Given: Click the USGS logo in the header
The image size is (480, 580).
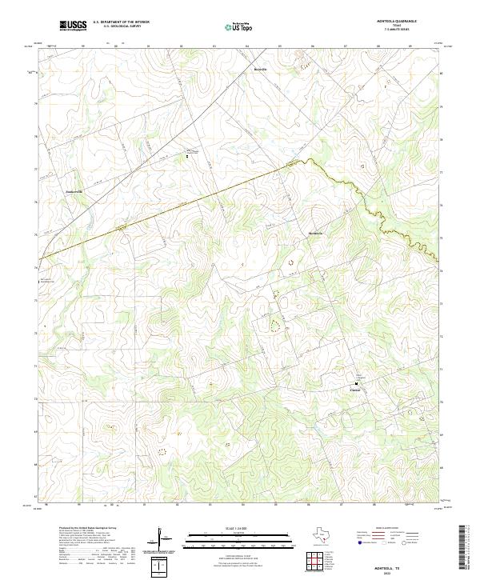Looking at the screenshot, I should tap(74, 26).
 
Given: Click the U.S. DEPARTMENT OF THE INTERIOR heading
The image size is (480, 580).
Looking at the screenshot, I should tap(121, 22).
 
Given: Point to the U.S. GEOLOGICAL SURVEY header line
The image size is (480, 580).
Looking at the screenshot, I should tap(121, 26).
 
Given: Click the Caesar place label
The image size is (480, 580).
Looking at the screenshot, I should tap(355, 390).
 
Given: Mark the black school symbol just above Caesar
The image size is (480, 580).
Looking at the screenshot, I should tap(356, 383).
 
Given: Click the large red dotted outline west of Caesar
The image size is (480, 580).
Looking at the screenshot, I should tap(275, 325).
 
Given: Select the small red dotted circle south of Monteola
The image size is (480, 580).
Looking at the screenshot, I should tap(290, 261).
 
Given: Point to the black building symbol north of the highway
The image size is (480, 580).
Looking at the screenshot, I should tap(188, 156).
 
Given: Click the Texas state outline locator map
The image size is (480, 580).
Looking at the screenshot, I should tap(330, 534).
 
